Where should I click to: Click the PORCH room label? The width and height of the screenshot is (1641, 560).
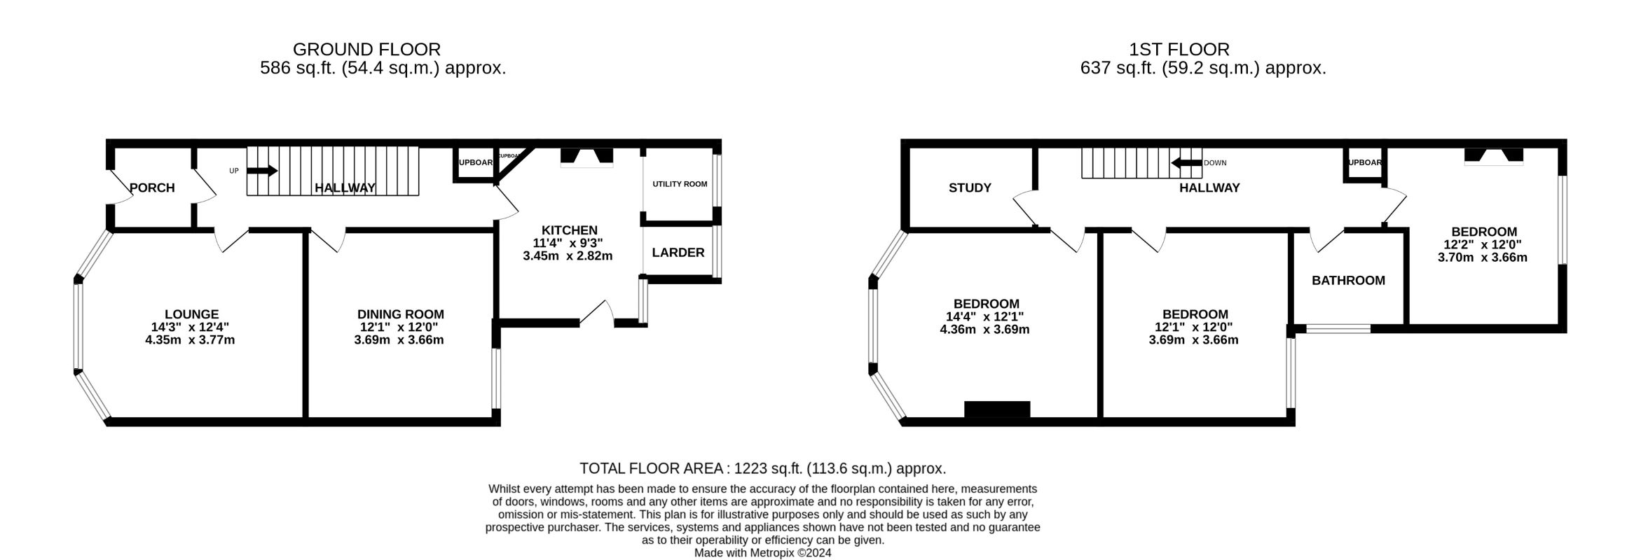[152, 188]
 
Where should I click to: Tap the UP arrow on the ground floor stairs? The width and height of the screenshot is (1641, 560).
[263, 171]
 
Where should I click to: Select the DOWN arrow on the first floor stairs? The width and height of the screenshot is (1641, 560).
[1186, 163]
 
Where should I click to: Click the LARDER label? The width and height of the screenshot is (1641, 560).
[678, 253]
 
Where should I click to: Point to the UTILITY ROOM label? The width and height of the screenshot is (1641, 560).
[680, 184]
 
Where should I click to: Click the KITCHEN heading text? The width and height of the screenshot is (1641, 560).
[569, 230]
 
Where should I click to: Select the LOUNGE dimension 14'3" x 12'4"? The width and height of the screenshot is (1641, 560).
[190, 327]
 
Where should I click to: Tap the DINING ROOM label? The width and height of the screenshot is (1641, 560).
[400, 314]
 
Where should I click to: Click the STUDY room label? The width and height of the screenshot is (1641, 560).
[970, 188]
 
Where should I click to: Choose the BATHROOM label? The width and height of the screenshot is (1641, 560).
[1348, 281]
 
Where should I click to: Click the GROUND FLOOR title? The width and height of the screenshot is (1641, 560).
[366, 50]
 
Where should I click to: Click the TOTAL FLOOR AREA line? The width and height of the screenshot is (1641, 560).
[762, 468]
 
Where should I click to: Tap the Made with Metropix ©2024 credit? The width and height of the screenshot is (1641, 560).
[762, 553]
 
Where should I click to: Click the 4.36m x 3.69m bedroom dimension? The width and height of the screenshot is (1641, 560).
[984, 329]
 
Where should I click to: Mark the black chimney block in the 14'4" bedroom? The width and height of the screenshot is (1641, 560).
[996, 409]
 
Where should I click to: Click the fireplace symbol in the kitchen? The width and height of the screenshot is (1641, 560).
[586, 158]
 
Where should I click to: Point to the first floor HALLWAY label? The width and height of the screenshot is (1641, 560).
[1209, 188]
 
